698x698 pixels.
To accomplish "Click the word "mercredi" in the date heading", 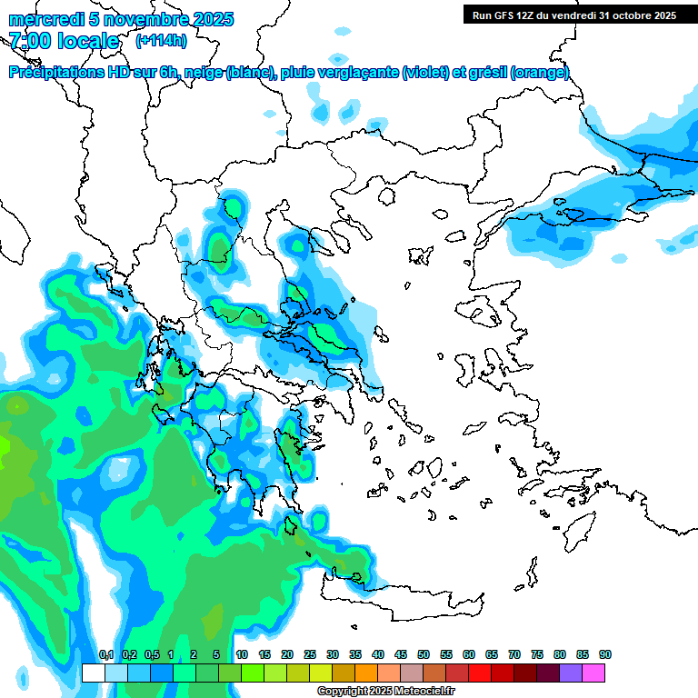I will click(x=41, y=19).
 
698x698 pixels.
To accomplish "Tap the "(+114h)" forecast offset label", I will click(x=161, y=40).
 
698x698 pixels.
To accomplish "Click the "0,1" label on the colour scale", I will click(x=105, y=655).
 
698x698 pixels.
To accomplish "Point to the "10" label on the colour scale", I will click(x=241, y=655).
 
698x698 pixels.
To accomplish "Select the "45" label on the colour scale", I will click(x=400, y=655).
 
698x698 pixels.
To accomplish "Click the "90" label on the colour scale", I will click(x=604, y=655).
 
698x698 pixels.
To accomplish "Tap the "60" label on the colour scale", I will click(x=468, y=655).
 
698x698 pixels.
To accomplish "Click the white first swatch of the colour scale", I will click(x=93, y=673).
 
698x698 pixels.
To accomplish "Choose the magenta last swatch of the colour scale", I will click(x=593, y=673).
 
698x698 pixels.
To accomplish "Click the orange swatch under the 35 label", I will click(x=366, y=673).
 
